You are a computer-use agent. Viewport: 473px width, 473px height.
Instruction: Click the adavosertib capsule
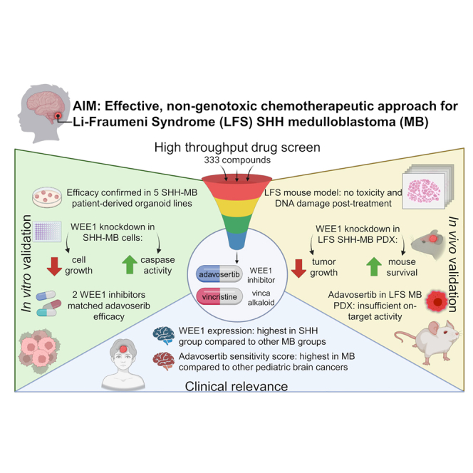click(x=219, y=274)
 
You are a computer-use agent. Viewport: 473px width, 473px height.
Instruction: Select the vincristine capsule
click(x=219, y=296)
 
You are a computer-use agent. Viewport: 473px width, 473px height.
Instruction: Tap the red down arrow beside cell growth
click(x=55, y=266)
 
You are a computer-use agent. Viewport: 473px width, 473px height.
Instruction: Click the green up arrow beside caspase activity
click(x=130, y=264)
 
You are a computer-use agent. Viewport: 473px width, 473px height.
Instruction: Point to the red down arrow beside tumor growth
click(x=299, y=268)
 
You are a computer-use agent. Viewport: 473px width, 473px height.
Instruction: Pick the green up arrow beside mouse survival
click(x=374, y=266)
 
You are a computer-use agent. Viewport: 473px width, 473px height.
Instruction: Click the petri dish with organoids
click(x=47, y=197)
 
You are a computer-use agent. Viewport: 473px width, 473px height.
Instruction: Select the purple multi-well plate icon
click(x=47, y=232)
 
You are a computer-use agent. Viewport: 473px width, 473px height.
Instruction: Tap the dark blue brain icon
click(x=164, y=336)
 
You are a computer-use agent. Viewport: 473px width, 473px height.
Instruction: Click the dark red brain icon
click(x=164, y=361)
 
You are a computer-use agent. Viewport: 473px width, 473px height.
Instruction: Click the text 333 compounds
click(x=237, y=160)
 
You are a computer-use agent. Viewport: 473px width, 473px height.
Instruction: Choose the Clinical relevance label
click(x=236, y=386)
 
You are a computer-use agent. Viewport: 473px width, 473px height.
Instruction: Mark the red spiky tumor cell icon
click(x=437, y=301)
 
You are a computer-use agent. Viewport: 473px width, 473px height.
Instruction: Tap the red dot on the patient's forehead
click(x=123, y=349)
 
